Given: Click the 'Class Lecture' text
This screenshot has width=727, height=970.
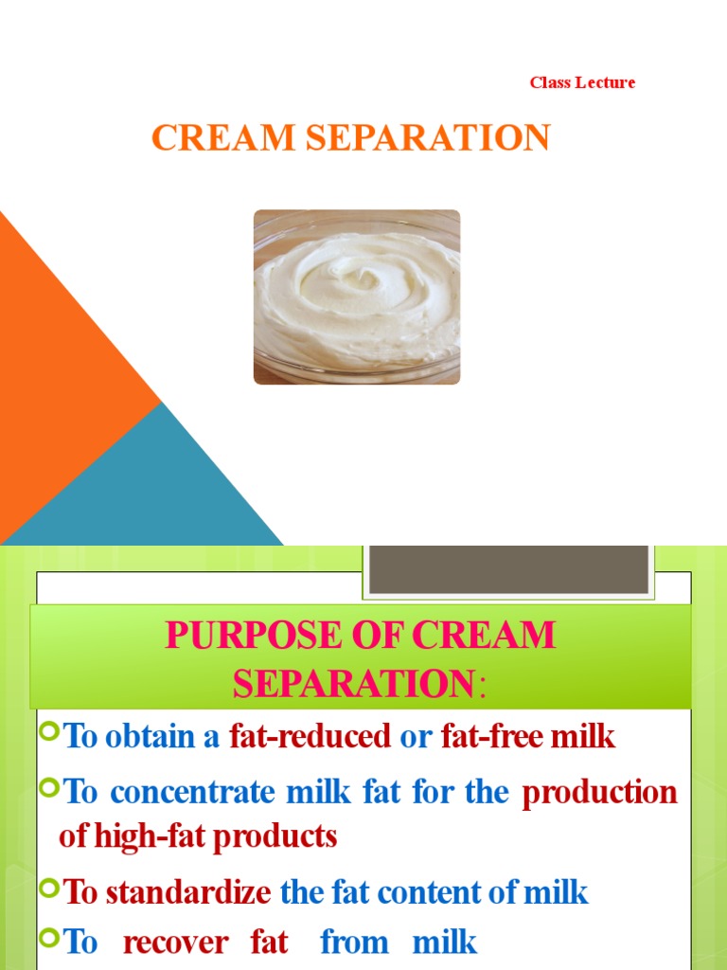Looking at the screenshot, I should pos(582,82).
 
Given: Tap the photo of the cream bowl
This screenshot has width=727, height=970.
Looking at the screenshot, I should pos(357,296).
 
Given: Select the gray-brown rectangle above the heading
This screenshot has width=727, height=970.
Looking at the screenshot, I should pos(508,567).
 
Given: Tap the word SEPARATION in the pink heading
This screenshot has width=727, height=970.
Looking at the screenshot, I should pos(354,683).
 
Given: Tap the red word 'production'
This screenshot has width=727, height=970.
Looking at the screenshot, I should pos(600,792).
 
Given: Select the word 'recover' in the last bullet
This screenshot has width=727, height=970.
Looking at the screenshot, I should pos(176,943).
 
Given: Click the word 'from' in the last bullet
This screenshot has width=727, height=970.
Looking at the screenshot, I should pos(354,943).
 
